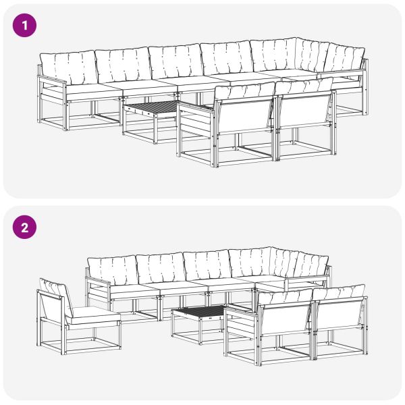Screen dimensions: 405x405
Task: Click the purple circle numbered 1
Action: coord(24,26)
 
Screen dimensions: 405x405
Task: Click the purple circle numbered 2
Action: coord(24,227)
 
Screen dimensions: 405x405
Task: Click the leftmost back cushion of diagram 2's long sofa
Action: coord(113,270)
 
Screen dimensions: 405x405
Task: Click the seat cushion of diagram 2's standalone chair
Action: coord(93,315)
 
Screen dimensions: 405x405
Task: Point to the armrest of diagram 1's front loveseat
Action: coord(196,107)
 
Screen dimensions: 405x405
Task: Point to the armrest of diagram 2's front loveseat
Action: coord(241,310)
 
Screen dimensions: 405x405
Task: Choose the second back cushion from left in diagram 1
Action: coord(123,64)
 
